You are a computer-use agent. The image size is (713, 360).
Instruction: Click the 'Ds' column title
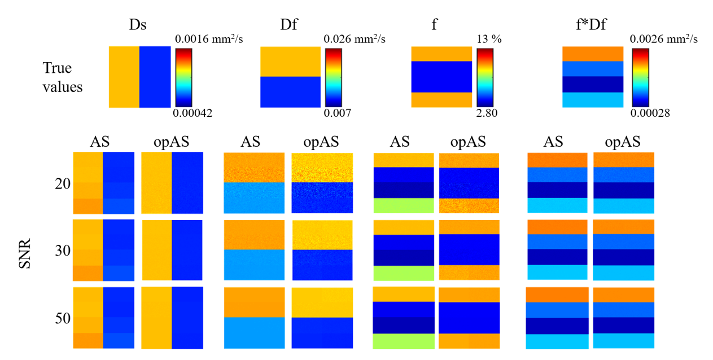tap(138, 24)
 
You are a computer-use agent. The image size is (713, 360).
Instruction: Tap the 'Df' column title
tap(288, 24)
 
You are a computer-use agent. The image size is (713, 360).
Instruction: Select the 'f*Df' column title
tap(591, 24)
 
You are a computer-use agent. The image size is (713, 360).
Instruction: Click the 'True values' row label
tap(63, 77)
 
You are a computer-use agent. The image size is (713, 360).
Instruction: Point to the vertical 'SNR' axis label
tap(25, 253)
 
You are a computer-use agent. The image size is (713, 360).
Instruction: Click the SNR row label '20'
tap(63, 184)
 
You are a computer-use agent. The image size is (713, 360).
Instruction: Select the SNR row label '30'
tap(63, 251)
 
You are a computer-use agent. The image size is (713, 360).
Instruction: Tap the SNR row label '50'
tap(63, 318)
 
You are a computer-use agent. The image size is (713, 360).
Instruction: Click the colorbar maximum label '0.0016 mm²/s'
tap(209, 39)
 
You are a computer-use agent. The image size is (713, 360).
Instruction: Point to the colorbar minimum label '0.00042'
tap(193, 113)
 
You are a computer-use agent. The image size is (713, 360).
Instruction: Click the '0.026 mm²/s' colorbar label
tap(355, 39)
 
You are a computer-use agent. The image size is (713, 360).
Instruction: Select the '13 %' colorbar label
tap(489, 39)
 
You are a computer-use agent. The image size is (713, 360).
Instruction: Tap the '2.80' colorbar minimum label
tap(487, 113)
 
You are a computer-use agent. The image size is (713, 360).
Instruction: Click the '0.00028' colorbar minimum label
tap(650, 113)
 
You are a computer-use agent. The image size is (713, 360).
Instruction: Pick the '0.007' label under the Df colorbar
tap(338, 113)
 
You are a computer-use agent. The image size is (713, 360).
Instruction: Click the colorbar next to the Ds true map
tap(183, 78)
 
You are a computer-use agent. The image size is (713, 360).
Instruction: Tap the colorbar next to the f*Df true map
tap(640, 78)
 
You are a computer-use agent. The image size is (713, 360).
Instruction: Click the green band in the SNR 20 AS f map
tap(404, 205)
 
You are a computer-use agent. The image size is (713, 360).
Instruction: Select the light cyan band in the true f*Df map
tap(593, 100)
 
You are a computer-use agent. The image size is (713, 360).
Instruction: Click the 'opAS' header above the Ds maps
tap(171, 142)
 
